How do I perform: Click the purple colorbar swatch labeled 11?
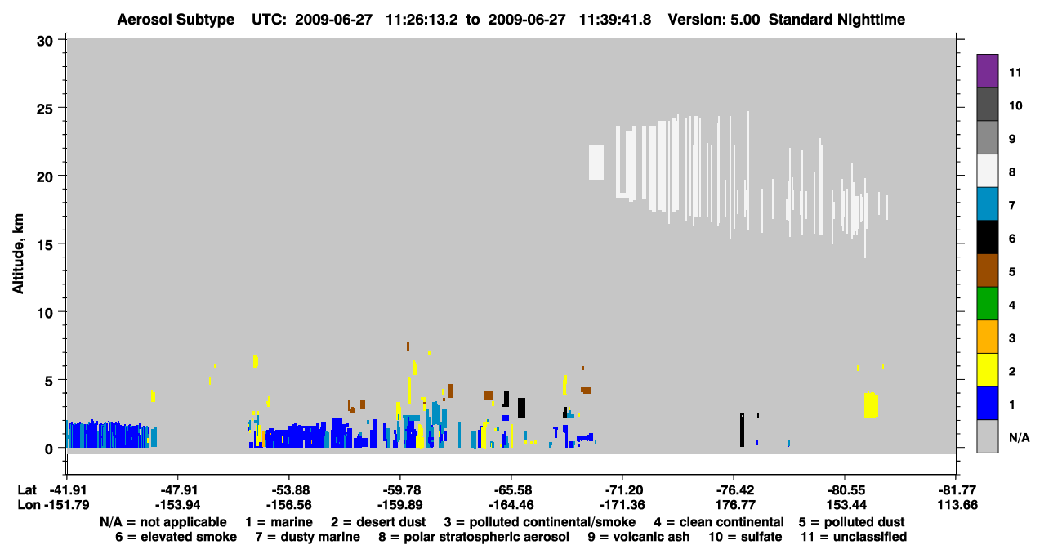[987, 70]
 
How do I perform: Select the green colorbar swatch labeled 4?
[987, 304]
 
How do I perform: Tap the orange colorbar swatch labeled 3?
[987, 337]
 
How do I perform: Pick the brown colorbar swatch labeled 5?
[987, 270]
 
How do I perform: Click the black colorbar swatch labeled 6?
[987, 237]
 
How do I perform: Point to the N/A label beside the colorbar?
[1019, 437]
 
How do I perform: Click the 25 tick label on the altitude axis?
[45, 109]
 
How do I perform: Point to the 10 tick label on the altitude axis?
[45, 313]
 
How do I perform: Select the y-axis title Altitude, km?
[17, 254]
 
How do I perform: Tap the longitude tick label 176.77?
[734, 505]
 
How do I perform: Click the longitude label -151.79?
[66, 505]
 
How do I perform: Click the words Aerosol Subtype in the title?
[176, 20]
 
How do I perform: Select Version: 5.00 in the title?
[714, 20]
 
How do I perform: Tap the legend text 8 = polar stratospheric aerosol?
[474, 537]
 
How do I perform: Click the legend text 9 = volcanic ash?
[639, 537]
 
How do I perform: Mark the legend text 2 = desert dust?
[378, 522]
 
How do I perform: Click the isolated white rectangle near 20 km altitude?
[596, 163]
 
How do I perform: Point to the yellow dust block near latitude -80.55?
[871, 405]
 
